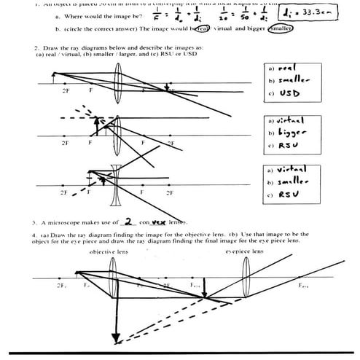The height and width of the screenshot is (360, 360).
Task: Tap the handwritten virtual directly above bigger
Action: coord(290,120)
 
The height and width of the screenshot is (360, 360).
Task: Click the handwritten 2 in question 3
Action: coord(128,222)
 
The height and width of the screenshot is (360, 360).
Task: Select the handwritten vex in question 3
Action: coord(161,222)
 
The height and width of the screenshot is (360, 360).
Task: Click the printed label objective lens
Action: coord(109,251)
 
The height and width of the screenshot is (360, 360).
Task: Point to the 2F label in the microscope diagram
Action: coord(61,286)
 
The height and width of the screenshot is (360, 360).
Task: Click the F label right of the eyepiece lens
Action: coord(302,286)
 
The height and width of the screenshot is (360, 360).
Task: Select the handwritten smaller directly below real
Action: coord(291,80)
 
